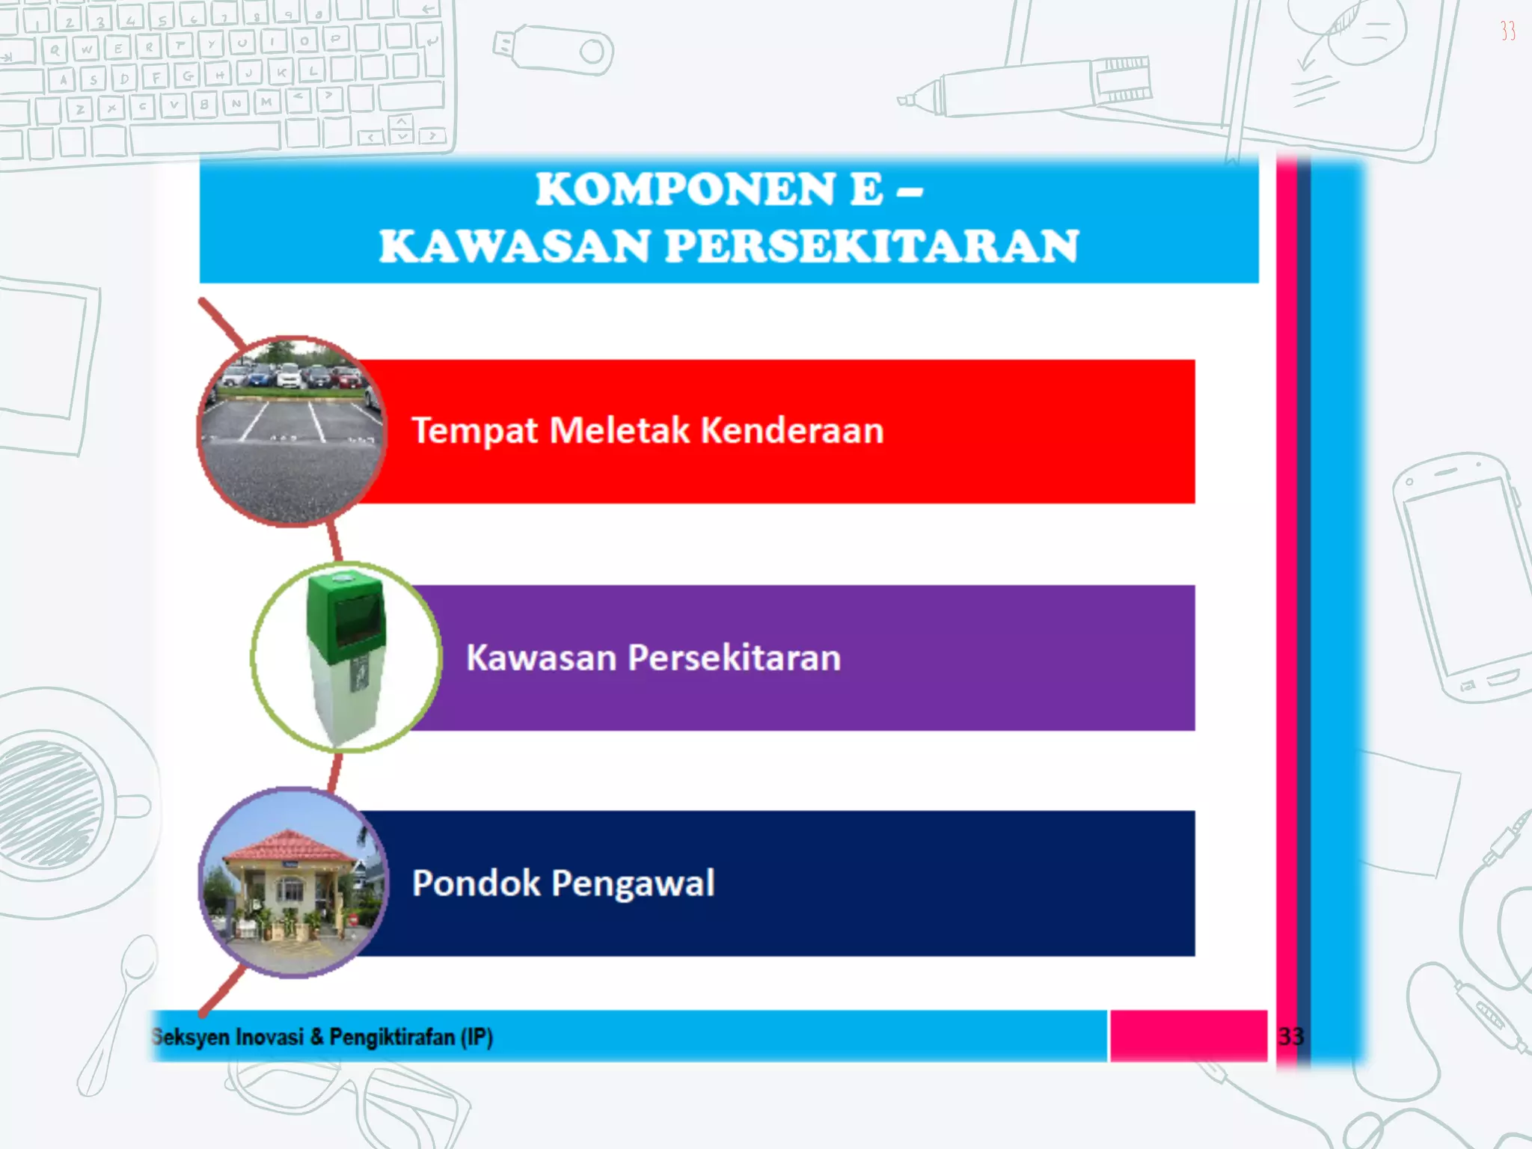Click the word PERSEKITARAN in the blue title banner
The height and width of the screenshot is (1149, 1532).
871,246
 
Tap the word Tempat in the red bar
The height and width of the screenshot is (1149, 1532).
474,431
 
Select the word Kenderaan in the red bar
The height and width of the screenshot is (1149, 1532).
792,431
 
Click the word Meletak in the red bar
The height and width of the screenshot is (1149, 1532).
619,431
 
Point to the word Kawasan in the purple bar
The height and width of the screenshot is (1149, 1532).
540,658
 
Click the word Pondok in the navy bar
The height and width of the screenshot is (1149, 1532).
476,883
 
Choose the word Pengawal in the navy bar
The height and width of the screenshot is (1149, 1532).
633,883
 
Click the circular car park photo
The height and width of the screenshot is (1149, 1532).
292,432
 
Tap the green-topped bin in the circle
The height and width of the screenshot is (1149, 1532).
346,651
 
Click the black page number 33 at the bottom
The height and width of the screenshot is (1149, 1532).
1291,1037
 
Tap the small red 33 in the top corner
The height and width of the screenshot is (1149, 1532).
1507,31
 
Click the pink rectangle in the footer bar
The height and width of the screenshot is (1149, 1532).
1188,1036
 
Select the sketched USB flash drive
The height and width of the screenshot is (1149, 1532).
554,49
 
